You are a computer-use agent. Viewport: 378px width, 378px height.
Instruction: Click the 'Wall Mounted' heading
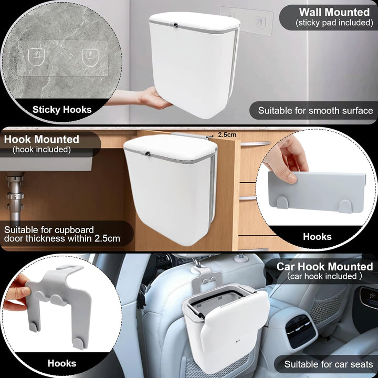click(x=334, y=12)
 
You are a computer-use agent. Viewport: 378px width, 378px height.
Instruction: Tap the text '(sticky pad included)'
click(x=334, y=23)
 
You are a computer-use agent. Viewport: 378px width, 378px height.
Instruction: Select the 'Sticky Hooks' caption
click(x=62, y=110)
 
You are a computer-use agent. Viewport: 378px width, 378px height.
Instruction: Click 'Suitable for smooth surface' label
click(x=316, y=111)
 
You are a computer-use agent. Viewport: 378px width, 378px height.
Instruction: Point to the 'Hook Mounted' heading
click(x=41, y=139)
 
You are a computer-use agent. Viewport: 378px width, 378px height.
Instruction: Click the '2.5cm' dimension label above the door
click(x=227, y=134)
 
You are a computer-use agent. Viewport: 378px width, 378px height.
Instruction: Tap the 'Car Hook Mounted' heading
click(x=324, y=267)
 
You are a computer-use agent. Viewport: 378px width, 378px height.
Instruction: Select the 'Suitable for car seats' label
click(x=328, y=364)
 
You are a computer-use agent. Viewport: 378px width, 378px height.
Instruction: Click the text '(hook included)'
click(x=41, y=150)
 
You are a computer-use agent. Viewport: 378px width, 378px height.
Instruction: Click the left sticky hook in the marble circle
click(x=36, y=57)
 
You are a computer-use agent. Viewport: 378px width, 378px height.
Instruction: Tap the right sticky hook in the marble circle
click(x=90, y=57)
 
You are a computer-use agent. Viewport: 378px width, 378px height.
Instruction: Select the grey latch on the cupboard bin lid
click(x=146, y=153)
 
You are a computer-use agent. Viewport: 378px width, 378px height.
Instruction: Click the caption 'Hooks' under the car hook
click(x=62, y=363)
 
